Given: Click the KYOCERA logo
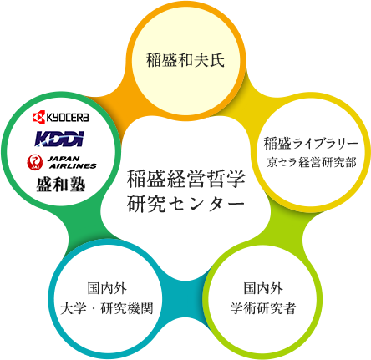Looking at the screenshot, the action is [x=61, y=117].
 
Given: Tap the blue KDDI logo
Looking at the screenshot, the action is [x=59, y=139].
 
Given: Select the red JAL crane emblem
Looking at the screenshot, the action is [x=35, y=163].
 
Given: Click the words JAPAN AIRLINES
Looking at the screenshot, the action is [x=72, y=163].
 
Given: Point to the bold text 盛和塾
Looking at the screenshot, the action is [x=61, y=185].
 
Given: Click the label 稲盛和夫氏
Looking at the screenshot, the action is [x=185, y=59].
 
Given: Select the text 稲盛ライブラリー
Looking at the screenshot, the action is [x=311, y=144].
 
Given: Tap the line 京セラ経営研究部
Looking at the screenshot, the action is [x=312, y=162].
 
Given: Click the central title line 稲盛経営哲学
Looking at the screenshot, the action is [x=186, y=180].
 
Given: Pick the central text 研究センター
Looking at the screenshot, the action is [x=186, y=204].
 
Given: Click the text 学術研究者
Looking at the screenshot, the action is [x=263, y=308].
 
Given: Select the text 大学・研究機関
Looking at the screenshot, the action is [x=107, y=308].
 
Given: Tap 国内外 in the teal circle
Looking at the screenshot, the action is [x=107, y=288].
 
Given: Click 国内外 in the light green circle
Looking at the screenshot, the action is [x=263, y=288].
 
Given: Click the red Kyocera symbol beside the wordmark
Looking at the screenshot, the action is [x=39, y=117].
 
